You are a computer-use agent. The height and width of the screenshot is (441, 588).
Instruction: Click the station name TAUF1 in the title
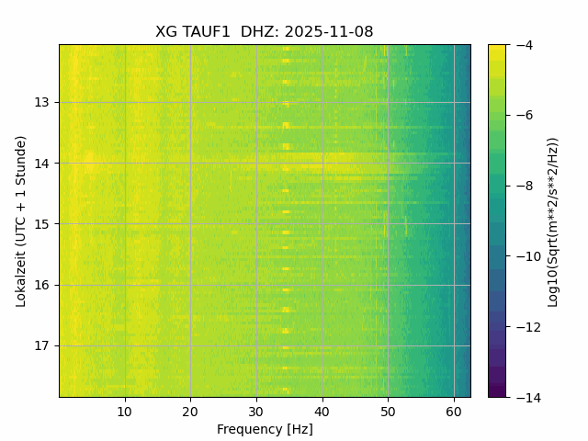pos(206,32)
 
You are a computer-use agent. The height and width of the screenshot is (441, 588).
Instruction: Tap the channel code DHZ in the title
pos(260,32)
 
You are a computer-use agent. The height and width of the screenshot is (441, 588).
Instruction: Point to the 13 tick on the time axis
pos(42,102)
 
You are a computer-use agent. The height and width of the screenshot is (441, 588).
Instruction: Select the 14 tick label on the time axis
pos(42,164)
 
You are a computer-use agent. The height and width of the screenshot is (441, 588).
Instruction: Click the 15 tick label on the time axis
pos(42,224)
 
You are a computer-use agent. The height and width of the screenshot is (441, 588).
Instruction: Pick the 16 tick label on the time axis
pos(42,285)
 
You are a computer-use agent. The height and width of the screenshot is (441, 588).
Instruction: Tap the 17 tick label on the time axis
pos(42,346)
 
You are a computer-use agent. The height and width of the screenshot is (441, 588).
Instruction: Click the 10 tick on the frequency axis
pos(125,411)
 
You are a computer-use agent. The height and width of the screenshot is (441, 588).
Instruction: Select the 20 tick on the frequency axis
pos(190,411)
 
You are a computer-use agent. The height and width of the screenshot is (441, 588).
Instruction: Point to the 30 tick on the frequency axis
pos(256,411)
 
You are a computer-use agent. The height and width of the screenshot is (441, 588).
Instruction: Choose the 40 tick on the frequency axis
pos(322,411)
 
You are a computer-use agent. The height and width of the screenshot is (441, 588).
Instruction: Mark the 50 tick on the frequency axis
pos(388,411)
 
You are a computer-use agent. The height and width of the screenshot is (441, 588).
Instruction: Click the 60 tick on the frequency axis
pos(454,411)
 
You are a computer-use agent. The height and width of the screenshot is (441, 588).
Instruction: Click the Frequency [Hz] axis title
pos(265,429)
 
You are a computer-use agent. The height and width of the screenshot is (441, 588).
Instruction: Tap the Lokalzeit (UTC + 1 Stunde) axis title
pos(20,220)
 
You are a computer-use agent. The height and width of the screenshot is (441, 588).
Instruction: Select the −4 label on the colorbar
pos(521,45)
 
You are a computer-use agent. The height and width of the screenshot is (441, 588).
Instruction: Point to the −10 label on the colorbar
pos(525,256)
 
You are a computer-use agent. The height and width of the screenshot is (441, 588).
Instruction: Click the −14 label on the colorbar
pos(525,397)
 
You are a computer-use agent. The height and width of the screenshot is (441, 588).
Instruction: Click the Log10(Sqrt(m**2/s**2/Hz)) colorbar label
pos(553,220)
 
